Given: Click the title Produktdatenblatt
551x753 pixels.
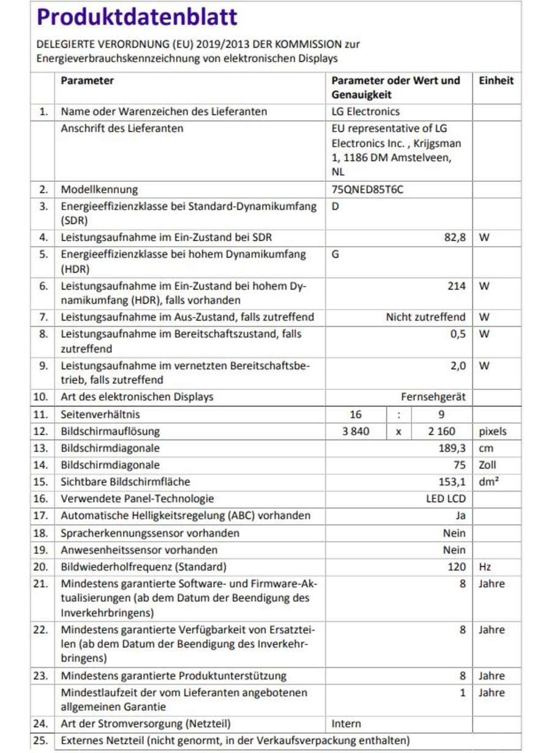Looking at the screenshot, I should tap(137, 18).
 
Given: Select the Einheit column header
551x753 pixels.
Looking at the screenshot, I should tap(496, 81).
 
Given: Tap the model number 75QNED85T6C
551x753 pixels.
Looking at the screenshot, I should tap(367, 189).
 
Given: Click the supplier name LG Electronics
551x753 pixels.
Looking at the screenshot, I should tap(365, 111).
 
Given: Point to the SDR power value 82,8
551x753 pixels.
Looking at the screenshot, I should tap(455, 238).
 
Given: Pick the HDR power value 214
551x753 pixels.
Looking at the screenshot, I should tap(457, 286).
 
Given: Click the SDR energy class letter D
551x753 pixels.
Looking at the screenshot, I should tap(335, 206).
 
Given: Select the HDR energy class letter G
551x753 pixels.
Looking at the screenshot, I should tap(335, 254).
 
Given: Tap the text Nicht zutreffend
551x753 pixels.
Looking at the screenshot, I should tap(425, 317).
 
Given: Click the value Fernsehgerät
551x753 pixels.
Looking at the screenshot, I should tap(433, 397).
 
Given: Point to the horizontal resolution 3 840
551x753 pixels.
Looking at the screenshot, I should tap(356, 431).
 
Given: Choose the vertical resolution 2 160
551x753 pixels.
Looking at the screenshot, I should tap(441, 431).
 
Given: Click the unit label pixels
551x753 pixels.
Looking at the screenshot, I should tap(493, 431).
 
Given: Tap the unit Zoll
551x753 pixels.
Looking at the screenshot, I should tap(488, 465).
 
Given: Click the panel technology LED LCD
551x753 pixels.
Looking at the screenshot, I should tap(446, 499).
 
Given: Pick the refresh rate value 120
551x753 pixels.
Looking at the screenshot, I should tap(457, 567).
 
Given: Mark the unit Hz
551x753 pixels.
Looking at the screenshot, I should tap(484, 567).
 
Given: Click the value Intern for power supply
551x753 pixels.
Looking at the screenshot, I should tap(347, 724).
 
